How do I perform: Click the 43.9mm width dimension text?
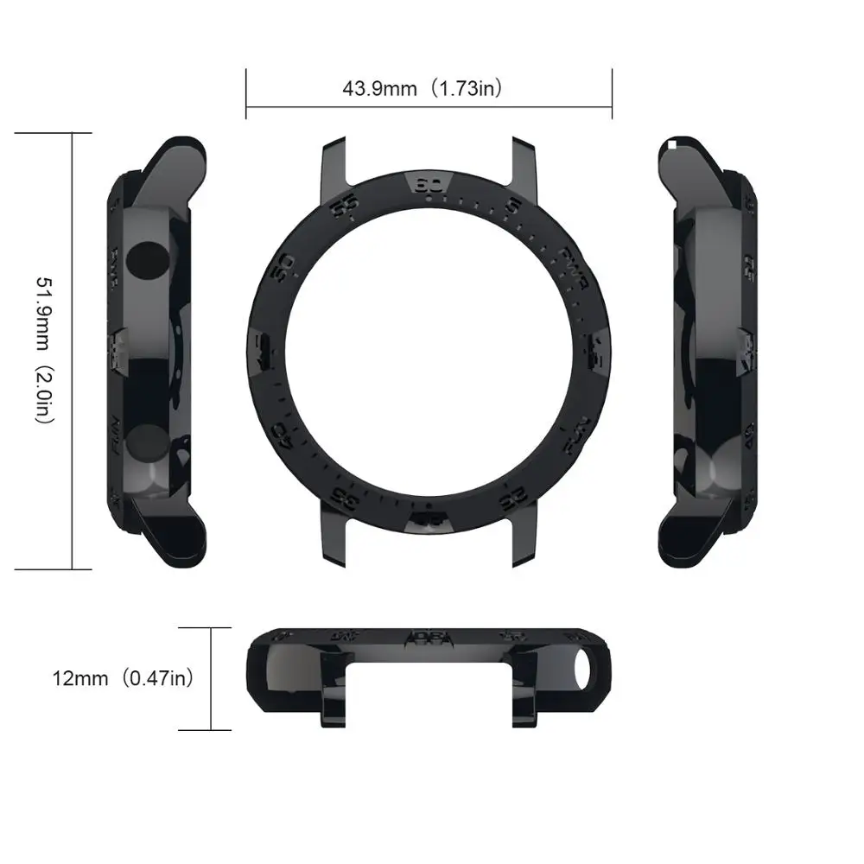(x=380, y=88)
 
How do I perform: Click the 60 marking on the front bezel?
(x=429, y=185)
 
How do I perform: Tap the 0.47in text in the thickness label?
(x=157, y=677)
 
